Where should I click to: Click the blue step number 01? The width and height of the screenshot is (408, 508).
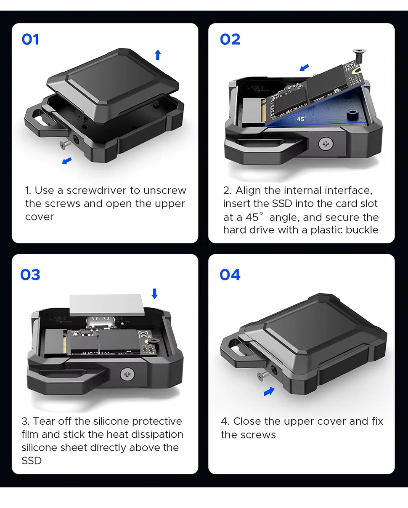(x=30, y=39)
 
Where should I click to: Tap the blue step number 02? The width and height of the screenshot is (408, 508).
(x=230, y=39)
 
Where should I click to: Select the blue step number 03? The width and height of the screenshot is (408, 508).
(x=30, y=275)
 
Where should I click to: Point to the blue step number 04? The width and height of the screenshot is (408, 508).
(x=230, y=275)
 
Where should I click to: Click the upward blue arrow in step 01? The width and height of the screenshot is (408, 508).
(x=158, y=55)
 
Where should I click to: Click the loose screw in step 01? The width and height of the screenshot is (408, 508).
(x=65, y=144)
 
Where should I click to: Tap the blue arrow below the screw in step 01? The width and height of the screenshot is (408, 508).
(x=67, y=161)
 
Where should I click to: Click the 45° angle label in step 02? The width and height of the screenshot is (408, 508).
(x=301, y=119)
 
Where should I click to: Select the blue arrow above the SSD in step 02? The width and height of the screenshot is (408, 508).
(x=304, y=67)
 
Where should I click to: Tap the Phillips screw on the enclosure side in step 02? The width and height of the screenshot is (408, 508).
(x=326, y=144)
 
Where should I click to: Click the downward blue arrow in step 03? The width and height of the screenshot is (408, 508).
(x=154, y=294)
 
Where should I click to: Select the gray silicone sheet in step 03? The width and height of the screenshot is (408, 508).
(x=107, y=305)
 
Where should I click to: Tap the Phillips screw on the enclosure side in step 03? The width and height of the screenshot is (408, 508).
(x=127, y=374)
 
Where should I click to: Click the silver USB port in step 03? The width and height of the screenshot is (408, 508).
(x=101, y=322)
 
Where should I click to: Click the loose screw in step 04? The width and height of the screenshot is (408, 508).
(x=263, y=375)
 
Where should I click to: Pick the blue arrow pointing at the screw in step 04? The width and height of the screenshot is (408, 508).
(x=269, y=391)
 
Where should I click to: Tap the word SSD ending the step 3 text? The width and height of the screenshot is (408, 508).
(x=32, y=460)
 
